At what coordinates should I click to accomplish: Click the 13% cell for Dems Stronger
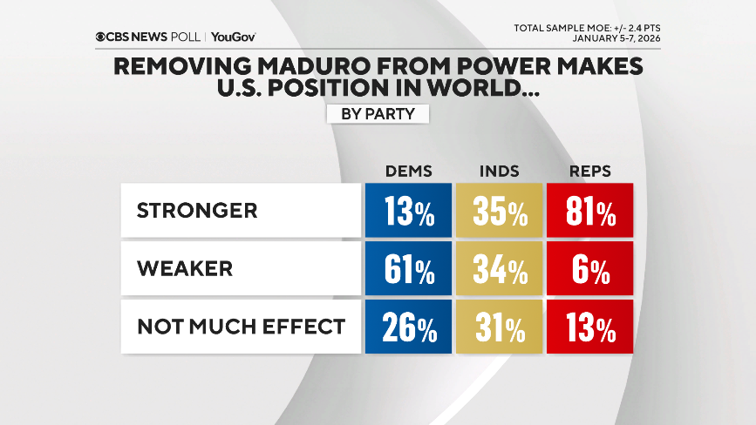[x=408, y=212]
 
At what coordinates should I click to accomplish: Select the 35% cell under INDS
[x=499, y=212]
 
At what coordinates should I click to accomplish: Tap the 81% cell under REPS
[x=589, y=212]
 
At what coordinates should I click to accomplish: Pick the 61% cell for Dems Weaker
[x=408, y=269]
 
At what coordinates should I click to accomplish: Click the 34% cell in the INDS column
[x=499, y=269]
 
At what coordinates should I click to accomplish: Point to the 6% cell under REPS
[x=589, y=269]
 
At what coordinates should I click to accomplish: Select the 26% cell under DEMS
[x=408, y=327]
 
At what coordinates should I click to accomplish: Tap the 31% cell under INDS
[x=499, y=327]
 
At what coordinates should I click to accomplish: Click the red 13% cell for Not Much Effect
[x=589, y=327]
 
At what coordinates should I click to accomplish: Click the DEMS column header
[x=408, y=171]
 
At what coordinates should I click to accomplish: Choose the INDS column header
[x=499, y=171]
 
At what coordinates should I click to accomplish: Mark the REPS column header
[x=589, y=171]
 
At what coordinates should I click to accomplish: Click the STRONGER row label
[x=196, y=211]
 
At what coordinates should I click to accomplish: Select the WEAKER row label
[x=184, y=269]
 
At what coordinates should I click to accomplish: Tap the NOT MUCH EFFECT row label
[x=240, y=327]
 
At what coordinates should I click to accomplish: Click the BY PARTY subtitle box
[x=378, y=114]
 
